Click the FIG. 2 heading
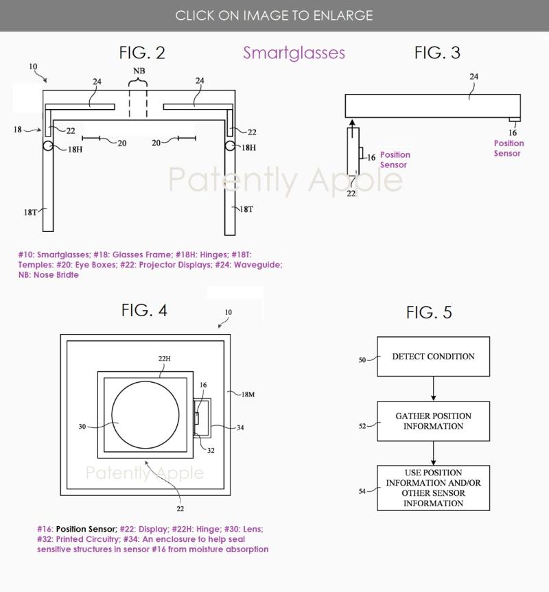[142, 53]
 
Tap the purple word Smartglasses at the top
[294, 53]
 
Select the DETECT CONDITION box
[434, 357]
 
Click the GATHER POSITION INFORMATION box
[434, 421]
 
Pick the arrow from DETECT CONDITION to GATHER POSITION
[434, 388]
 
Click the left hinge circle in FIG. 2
[48, 145]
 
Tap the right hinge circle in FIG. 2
[230, 145]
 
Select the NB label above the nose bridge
[139, 71]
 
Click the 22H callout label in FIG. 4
[164, 358]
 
